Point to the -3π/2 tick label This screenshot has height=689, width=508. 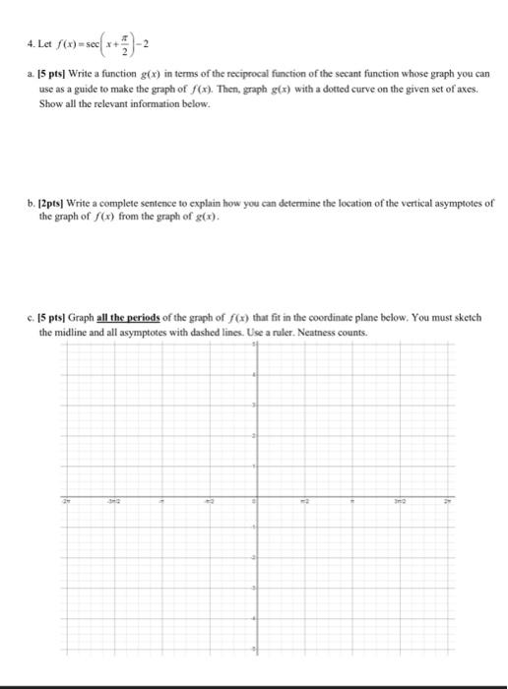point(114,499)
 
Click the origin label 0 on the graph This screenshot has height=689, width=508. point(254,500)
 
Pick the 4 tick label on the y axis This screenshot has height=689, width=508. point(254,377)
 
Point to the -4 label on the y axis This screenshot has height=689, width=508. point(253,618)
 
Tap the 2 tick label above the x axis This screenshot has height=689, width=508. point(254,436)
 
